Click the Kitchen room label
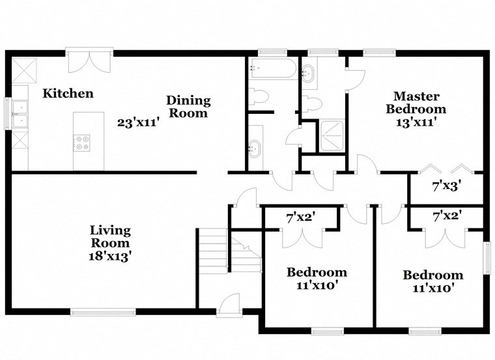click(x=68, y=94)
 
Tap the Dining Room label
click(x=188, y=107)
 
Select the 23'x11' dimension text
click(x=138, y=122)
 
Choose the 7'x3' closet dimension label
click(x=447, y=186)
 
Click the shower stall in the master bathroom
click(x=332, y=135)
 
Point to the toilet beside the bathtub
click(x=261, y=97)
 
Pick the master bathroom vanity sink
click(x=309, y=72)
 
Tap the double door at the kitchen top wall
click(x=89, y=61)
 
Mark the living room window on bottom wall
click(x=103, y=312)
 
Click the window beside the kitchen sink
click(x=8, y=113)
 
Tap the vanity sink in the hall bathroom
click(x=255, y=149)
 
